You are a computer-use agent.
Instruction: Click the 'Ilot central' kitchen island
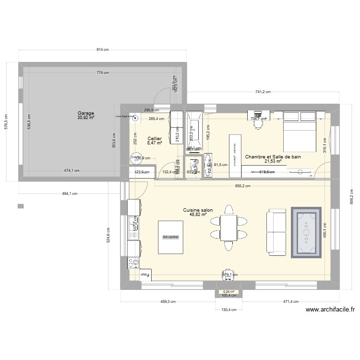170,237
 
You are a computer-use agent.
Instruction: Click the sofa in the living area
276,234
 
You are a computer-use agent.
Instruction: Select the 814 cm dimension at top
102,50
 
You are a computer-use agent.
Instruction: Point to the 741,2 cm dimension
263,92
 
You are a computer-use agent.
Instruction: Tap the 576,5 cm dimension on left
7,123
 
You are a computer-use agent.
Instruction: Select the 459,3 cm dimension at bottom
168,302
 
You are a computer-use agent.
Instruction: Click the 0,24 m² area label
228,291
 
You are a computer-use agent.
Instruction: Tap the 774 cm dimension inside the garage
102,72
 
